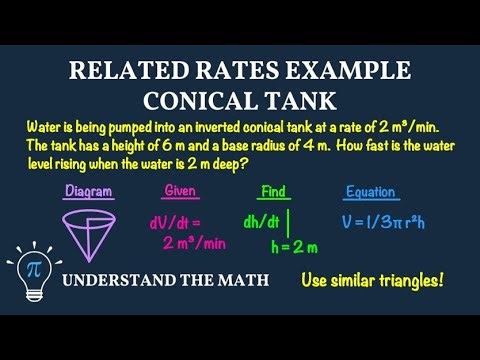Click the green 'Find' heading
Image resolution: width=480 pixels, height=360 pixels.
click(x=273, y=191)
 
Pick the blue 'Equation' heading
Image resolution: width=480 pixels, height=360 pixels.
click(x=370, y=191)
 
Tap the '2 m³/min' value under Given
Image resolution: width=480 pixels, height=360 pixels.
click(x=195, y=242)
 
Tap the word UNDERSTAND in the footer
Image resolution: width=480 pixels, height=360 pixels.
click(x=120, y=280)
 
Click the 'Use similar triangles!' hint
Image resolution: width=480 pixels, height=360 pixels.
click(x=371, y=281)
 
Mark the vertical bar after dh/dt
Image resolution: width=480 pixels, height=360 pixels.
click(x=289, y=221)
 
